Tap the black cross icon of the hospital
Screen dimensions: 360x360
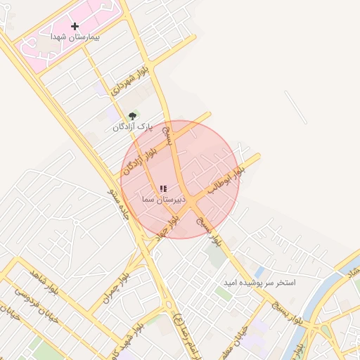75,26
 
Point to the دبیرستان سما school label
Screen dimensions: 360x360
162,200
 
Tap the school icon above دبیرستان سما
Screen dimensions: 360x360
163,189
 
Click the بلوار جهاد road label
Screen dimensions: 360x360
168,228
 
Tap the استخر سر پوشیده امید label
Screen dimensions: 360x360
259,282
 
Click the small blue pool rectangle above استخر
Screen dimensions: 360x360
259,271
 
